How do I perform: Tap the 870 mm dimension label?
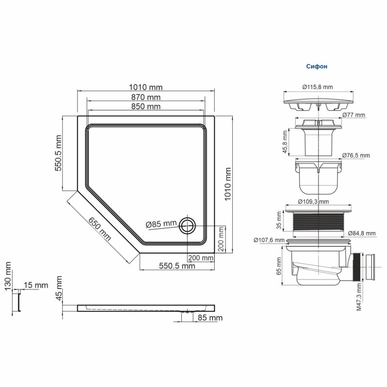[146, 97]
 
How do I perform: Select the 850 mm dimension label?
[146, 106]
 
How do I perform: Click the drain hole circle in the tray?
[187, 225]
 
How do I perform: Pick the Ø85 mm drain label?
[161, 223]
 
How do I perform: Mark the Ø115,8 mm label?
[317, 87]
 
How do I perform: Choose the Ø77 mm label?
[354, 115]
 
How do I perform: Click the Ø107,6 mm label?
[269, 238]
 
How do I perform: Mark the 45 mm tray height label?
[59, 288]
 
